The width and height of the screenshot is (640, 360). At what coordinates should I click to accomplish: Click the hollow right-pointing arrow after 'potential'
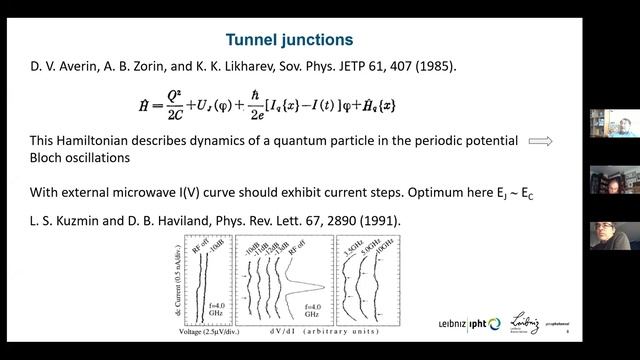541,141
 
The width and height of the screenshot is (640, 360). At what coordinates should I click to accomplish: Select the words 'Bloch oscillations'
74,158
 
